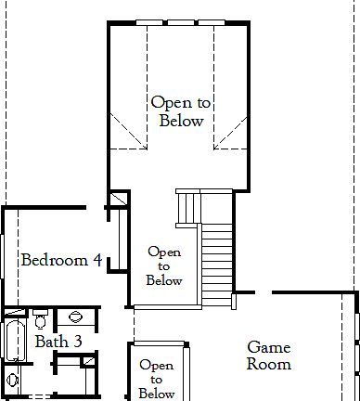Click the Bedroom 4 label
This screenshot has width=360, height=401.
point(61,260)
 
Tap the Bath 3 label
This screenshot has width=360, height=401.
point(58,342)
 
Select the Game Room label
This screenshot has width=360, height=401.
point(268,356)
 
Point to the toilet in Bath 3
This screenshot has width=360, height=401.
point(40,320)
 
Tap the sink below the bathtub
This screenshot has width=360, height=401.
point(12,380)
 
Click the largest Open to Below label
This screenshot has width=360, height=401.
point(180,111)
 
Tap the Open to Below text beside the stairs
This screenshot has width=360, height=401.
point(164,265)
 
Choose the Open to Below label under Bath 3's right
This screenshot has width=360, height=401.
point(156,380)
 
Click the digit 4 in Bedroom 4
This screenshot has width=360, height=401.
point(96,260)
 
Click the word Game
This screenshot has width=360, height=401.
point(268,347)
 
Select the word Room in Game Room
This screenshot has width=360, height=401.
point(268,365)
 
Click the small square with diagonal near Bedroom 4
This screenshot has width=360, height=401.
point(117,201)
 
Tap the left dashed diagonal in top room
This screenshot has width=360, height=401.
point(127,130)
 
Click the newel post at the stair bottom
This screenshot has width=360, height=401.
point(234,300)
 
